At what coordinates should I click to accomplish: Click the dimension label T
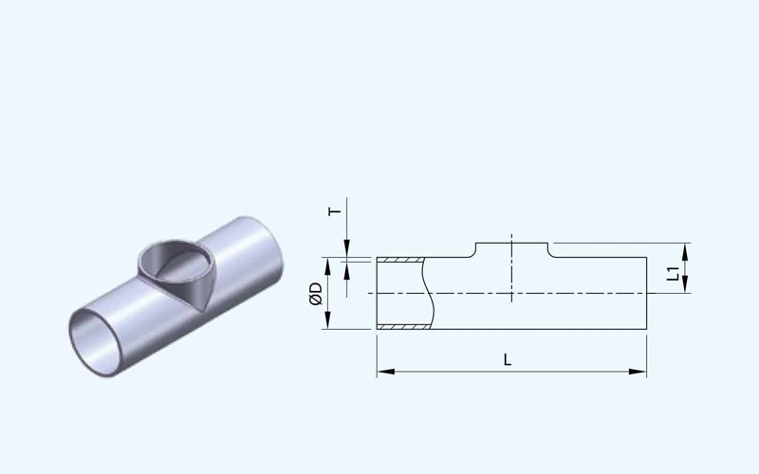pos(335,211)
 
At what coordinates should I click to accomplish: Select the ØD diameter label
pos(315,294)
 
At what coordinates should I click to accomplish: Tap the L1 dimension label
pos(673,273)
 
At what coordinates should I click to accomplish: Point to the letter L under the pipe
pos(508,359)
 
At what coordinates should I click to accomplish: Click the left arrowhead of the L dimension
pos(386,372)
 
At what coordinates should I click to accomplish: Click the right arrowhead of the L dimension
pos(638,372)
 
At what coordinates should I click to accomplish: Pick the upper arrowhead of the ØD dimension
pos(327,266)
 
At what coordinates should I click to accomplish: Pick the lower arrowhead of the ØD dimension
pos(327,320)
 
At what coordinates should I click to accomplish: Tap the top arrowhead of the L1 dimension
pos(685,252)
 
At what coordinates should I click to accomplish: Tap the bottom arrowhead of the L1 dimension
pos(685,283)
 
